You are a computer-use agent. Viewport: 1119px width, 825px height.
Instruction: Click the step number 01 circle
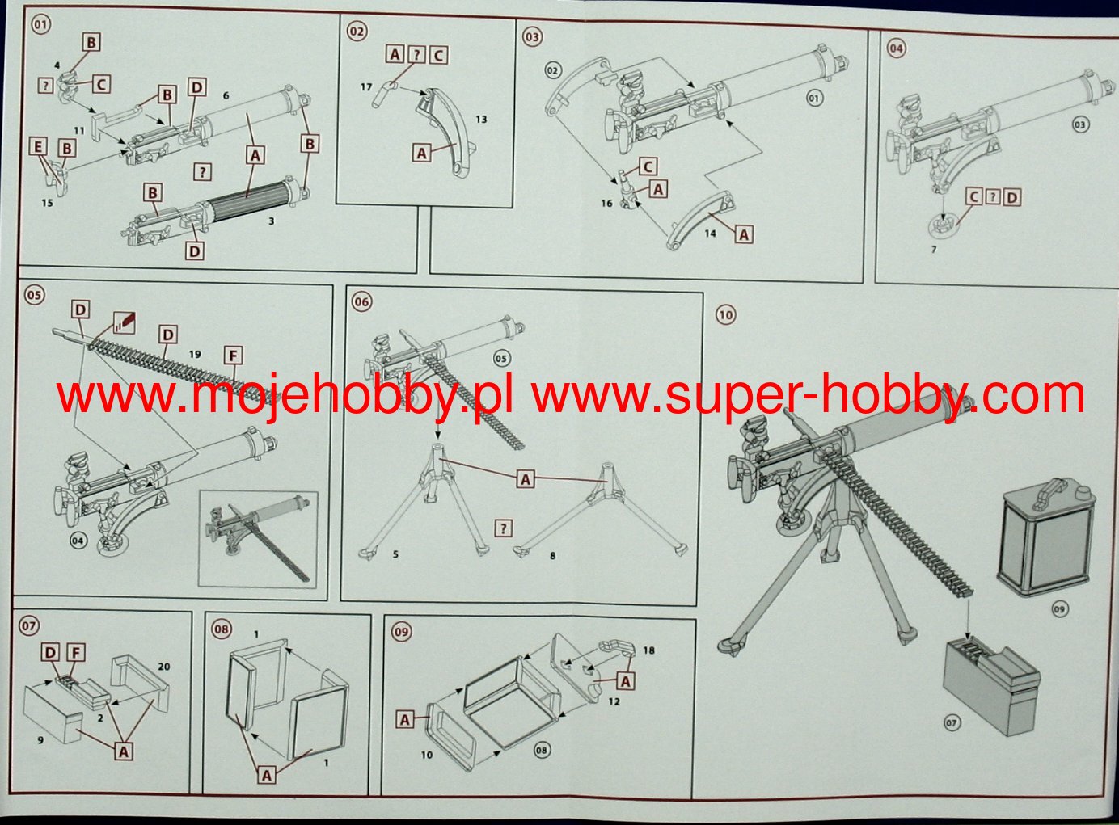[41, 25]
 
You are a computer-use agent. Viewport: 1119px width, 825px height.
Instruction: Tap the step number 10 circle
[725, 315]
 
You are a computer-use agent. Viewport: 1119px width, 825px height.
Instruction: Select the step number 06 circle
[361, 302]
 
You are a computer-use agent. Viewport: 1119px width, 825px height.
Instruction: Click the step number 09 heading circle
[401, 632]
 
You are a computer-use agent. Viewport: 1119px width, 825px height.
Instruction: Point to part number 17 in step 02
[366, 87]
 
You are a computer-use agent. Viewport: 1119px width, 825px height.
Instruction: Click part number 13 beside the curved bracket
[481, 120]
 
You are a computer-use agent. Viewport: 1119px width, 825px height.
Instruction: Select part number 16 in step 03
[606, 204]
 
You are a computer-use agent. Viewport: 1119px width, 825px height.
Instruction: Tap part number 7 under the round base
[933, 249]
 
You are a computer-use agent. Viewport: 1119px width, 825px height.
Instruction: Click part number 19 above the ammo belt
[195, 354]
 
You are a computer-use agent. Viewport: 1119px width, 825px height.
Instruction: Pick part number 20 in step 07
[164, 667]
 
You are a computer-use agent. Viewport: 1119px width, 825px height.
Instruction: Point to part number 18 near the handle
[648, 650]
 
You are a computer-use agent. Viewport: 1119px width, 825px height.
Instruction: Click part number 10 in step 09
[426, 755]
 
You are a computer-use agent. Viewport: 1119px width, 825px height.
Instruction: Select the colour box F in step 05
[233, 356]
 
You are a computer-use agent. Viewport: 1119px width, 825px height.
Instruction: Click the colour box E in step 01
[38, 147]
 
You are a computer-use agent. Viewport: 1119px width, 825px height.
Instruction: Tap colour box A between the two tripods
[525, 480]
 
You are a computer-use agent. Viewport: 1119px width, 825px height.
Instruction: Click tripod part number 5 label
[395, 554]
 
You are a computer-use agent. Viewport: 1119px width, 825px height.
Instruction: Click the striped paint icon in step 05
[124, 322]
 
